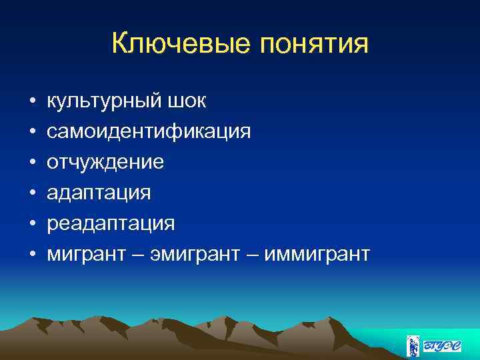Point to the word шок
pyautogui.click(x=187, y=101)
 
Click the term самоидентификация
pyautogui.click(x=149, y=132)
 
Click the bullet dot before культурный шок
pyautogui.click(x=31, y=102)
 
